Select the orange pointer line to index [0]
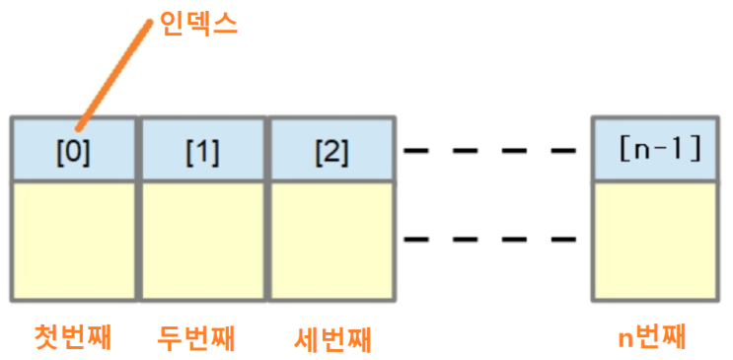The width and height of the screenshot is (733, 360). [113, 75]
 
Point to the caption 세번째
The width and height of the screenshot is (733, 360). [332, 338]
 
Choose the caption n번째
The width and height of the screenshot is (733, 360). [651, 337]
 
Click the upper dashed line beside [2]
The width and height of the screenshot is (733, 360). [489, 151]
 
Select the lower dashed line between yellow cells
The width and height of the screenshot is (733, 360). [489, 238]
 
